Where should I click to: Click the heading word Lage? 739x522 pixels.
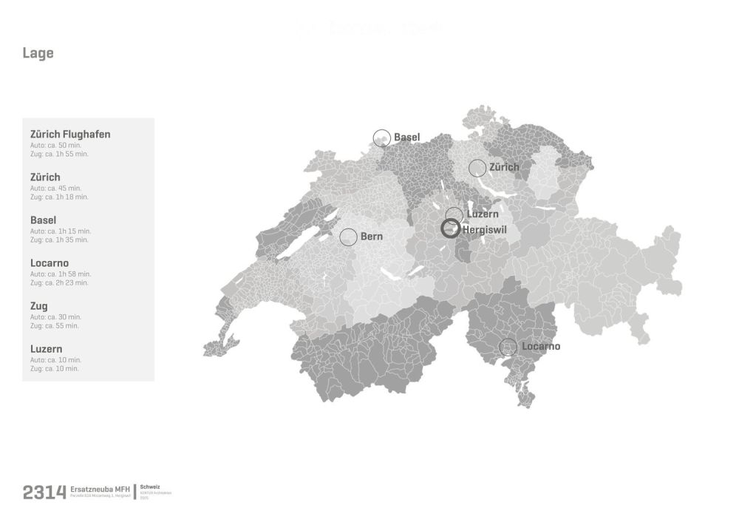pyautogui.click(x=38, y=53)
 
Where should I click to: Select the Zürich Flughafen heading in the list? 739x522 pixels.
pyautogui.click(x=70, y=135)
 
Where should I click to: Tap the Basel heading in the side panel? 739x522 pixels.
pyautogui.click(x=44, y=220)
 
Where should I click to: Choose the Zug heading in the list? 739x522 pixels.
pyautogui.click(x=39, y=306)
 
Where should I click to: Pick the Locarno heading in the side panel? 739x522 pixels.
pyautogui.click(x=50, y=263)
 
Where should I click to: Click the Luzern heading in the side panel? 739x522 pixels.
pyautogui.click(x=46, y=349)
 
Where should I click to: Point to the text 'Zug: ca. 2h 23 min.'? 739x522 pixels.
pyautogui.click(x=59, y=283)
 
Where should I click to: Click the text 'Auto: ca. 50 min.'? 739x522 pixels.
pyautogui.click(x=55, y=145)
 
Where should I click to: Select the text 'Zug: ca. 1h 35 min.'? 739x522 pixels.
pyautogui.click(x=59, y=240)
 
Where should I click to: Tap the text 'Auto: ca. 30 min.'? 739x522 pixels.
pyautogui.click(x=55, y=316)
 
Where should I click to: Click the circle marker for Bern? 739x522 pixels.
pyautogui.click(x=348, y=237)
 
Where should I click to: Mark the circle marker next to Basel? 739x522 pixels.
pyautogui.click(x=381, y=138)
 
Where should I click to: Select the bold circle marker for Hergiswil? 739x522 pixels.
pyautogui.click(x=450, y=228)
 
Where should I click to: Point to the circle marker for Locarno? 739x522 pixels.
pyautogui.click(x=508, y=347)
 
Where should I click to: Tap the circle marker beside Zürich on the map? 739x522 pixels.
pyautogui.click(x=477, y=168)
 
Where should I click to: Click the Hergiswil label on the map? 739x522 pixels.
pyautogui.click(x=484, y=229)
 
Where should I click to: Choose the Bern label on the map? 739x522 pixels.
pyautogui.click(x=372, y=237)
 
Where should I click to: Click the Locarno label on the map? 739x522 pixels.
pyautogui.click(x=541, y=347)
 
